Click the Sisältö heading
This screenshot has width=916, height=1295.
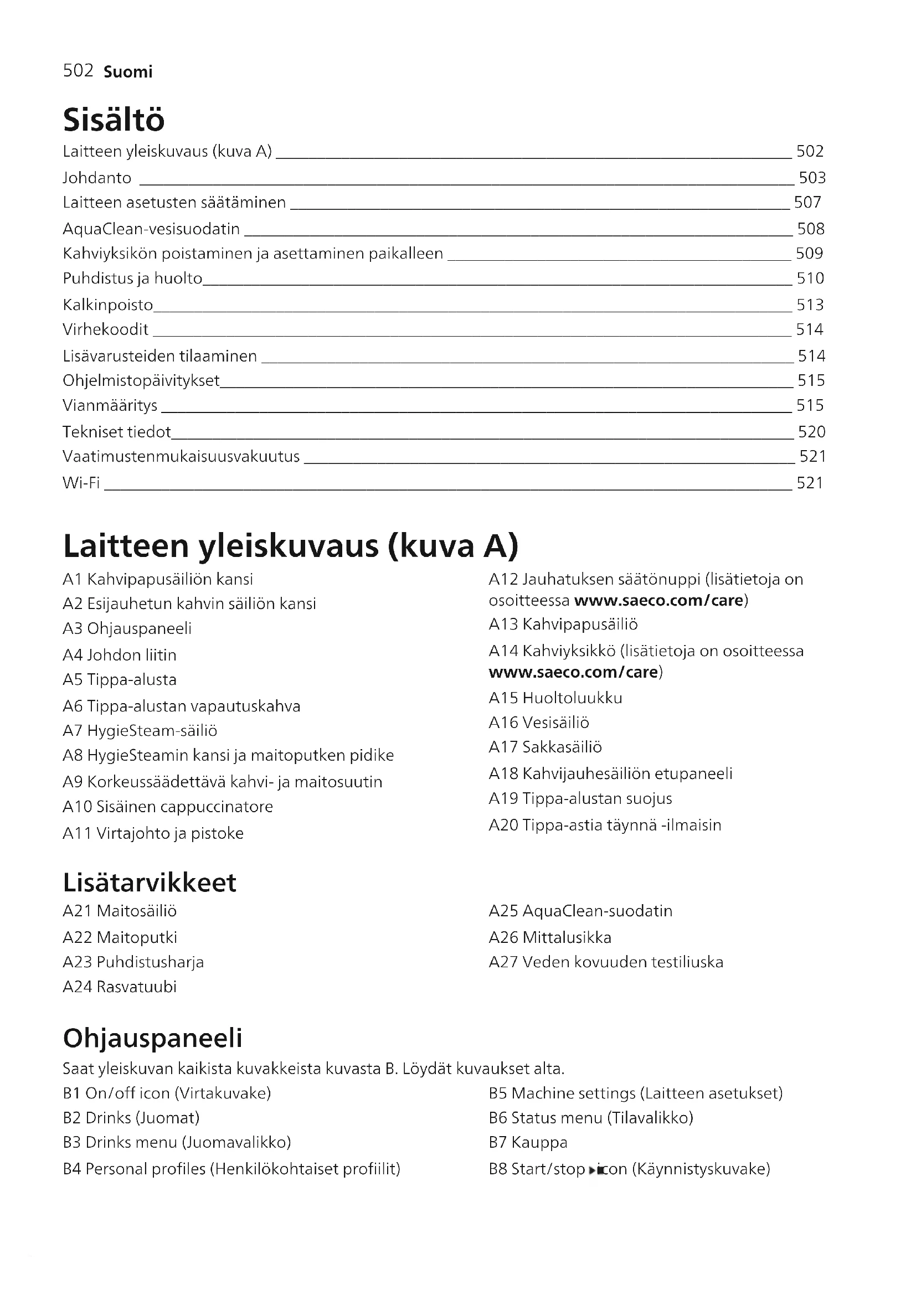click(114, 120)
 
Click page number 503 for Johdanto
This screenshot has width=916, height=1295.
click(812, 178)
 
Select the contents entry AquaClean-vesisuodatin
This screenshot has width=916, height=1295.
click(151, 229)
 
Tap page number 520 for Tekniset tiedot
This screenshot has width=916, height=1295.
click(811, 432)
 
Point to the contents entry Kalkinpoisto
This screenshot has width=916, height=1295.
click(108, 305)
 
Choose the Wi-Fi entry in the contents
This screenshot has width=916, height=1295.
click(81, 483)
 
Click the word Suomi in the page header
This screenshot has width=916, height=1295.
click(128, 72)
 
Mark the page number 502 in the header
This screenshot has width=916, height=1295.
click(78, 71)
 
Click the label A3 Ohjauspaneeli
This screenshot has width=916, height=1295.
click(127, 628)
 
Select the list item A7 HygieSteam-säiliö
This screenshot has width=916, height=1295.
click(140, 731)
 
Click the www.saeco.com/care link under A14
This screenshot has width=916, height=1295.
click(573, 672)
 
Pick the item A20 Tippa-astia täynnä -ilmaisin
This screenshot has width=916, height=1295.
click(605, 825)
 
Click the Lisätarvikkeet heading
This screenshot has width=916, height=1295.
click(150, 883)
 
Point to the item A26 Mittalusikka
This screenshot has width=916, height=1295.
click(550, 937)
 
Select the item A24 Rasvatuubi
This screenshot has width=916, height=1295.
click(120, 987)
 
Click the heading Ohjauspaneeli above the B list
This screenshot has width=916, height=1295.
click(152, 1038)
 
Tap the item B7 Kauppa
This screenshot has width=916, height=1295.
click(528, 1143)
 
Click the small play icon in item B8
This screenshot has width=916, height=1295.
click(591, 1170)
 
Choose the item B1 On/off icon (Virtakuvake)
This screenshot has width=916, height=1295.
click(167, 1093)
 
